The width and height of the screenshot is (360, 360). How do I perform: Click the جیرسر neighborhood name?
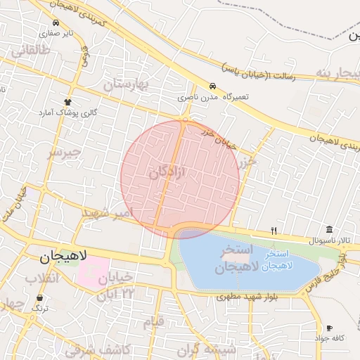64,152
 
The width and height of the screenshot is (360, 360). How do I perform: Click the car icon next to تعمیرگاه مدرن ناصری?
212,84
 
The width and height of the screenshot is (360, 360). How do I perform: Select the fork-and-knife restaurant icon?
274,231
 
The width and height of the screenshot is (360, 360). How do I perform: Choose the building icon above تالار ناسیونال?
330,230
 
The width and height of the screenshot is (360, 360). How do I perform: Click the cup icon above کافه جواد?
329,328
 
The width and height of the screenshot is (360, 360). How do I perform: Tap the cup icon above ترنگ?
39,298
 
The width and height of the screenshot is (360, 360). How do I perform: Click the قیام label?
153,323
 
